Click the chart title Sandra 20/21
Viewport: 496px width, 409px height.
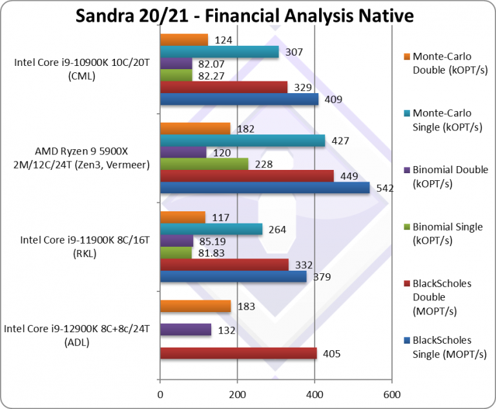coord(245,15)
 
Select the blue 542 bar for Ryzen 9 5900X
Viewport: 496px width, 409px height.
coord(264,188)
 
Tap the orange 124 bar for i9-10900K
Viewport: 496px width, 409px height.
coord(184,40)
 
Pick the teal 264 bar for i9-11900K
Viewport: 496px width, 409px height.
coord(211,229)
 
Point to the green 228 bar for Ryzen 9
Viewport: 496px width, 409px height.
coord(204,164)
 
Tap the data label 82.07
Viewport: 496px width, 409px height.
coord(214,64)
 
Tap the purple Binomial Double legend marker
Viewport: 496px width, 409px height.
coord(406,170)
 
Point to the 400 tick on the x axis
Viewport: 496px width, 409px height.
coord(315,393)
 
